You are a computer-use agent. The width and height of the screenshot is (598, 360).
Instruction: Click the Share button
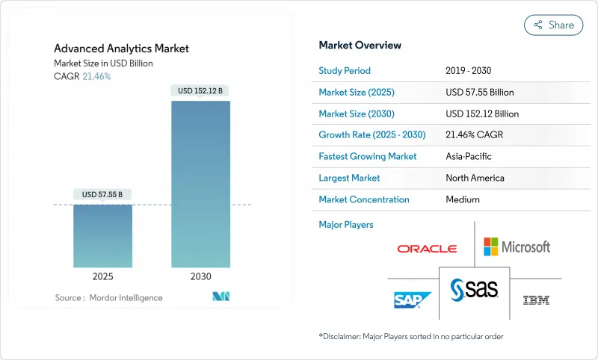click(x=553, y=25)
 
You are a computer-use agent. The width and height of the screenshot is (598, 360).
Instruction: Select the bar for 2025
click(x=102, y=235)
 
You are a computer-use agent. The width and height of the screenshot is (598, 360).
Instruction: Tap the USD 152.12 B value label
click(x=200, y=91)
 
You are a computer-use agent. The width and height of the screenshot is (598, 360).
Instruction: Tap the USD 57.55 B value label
click(x=102, y=194)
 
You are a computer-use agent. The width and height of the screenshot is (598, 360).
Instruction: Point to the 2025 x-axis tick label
click(x=102, y=276)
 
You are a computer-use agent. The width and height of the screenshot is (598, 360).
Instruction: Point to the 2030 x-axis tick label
click(x=200, y=276)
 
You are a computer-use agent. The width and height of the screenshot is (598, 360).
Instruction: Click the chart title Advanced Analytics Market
click(x=121, y=49)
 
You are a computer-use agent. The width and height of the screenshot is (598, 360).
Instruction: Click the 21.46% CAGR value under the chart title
click(x=96, y=76)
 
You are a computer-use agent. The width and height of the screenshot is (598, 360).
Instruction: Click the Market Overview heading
click(x=360, y=46)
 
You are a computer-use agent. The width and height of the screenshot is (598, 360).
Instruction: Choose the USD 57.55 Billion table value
click(x=479, y=93)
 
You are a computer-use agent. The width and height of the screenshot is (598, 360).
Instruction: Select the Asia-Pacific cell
click(x=469, y=157)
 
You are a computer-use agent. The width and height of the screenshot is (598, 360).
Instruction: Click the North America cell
click(x=474, y=178)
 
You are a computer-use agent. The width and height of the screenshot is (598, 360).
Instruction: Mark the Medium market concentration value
click(x=463, y=199)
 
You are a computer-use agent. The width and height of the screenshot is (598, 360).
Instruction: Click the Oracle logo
click(x=427, y=248)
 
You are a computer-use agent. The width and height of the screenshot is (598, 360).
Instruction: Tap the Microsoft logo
click(x=517, y=246)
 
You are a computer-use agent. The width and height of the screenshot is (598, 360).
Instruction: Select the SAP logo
click(x=413, y=300)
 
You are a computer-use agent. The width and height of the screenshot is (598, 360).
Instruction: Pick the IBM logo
click(x=536, y=300)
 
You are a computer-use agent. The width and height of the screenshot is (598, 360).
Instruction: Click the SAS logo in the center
click(x=474, y=288)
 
